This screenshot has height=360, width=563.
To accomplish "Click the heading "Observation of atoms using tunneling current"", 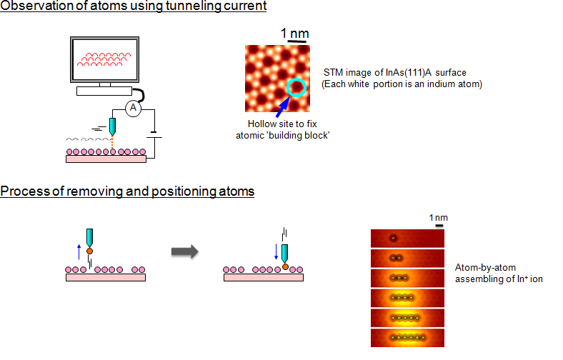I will (133, 7).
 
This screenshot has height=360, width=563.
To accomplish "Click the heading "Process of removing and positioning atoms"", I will (127, 191).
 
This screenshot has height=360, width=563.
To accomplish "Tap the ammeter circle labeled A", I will (131, 108).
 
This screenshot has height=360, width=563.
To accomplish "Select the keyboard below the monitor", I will (104, 91).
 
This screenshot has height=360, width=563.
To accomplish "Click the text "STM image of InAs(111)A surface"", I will (387, 74).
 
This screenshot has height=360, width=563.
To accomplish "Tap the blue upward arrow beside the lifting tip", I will (79, 250).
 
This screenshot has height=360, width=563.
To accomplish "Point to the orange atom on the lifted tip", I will (89, 251).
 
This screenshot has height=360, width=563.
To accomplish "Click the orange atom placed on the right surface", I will (285, 267).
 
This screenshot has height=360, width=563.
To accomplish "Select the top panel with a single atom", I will (407, 239).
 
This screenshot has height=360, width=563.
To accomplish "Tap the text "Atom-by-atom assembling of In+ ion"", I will (499, 273).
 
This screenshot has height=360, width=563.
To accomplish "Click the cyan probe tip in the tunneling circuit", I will (113, 127).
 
